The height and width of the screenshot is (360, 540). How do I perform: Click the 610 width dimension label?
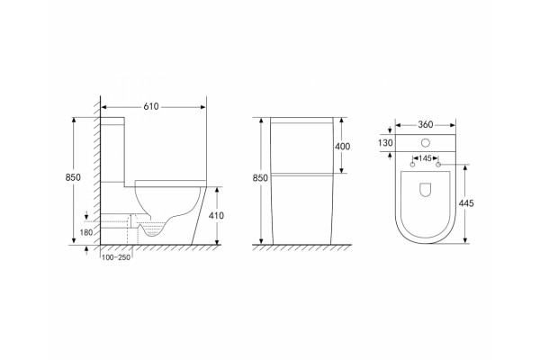click(x=151, y=107)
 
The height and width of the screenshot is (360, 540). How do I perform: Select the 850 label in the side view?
click(x=73, y=177)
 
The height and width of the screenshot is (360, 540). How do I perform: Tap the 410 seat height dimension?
click(x=216, y=216)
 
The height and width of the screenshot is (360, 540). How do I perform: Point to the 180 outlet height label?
click(x=86, y=232)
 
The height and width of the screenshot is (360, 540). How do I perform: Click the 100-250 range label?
click(x=116, y=257)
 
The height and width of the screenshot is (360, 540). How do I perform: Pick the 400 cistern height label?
click(x=343, y=147)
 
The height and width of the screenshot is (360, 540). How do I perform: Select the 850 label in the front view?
click(x=260, y=178)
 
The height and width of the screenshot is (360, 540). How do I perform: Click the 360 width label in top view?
click(x=426, y=125)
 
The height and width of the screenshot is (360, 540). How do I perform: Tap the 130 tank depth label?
click(x=385, y=142)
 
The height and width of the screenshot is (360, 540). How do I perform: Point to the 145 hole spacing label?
click(x=426, y=158)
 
